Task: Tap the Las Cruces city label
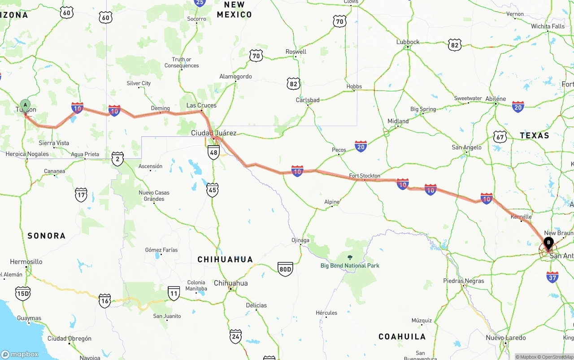pos(201,105)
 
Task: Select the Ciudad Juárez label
pos(213,133)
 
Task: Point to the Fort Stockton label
pos(365,176)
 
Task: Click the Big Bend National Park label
pos(350,265)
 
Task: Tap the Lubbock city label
pos(408,42)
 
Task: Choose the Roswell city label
pos(296,52)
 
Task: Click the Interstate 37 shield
pos(552,277)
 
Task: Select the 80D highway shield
pos(285,269)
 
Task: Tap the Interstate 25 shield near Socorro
pos(200,3)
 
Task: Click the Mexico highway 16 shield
pos(105,301)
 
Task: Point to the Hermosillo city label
pos(26,262)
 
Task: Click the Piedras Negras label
pos(463,281)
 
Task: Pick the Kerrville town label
pos(521,217)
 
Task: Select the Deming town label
pos(161,108)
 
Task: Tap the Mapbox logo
pos(20,354)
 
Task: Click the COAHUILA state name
pos(402,337)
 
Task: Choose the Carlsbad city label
pos(308,100)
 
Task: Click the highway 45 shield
pos(213,190)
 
